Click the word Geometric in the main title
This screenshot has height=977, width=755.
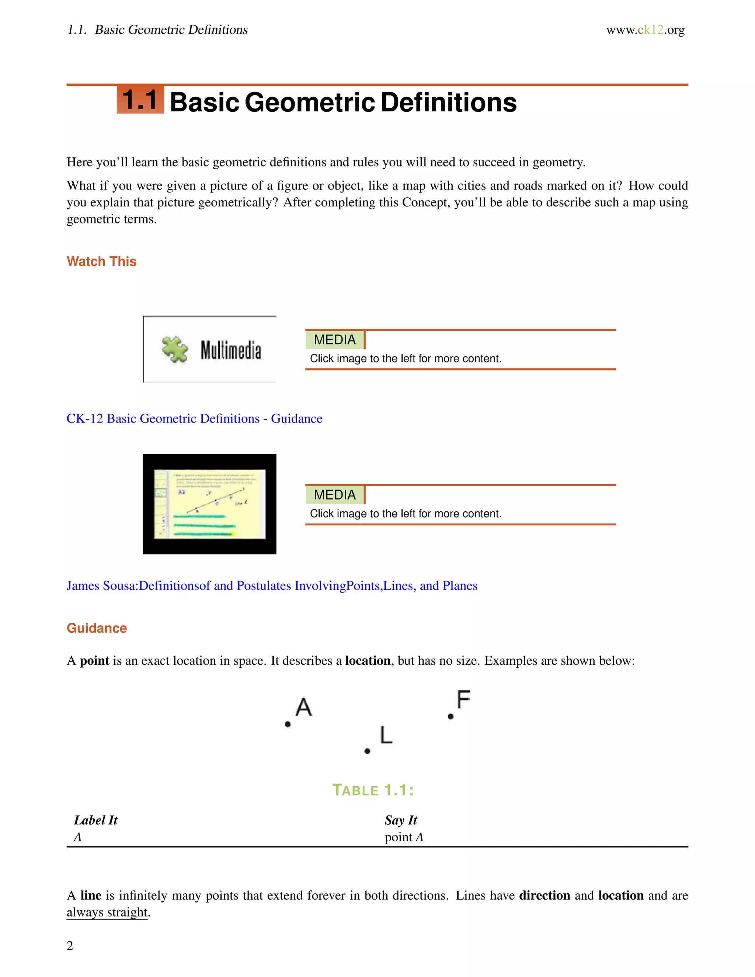tap(310, 102)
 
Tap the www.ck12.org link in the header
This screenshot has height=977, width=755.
tap(645, 30)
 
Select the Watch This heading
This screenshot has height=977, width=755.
tap(101, 261)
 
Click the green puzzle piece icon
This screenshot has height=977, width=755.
tap(175, 350)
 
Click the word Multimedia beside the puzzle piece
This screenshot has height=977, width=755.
tap(230, 350)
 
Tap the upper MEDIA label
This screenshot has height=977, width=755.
tap(335, 340)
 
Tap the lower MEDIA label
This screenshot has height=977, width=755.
tap(335, 494)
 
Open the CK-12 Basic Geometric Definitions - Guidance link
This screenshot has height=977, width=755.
tap(194, 418)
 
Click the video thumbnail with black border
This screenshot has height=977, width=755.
tap(209, 504)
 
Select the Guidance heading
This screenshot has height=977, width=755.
tap(97, 628)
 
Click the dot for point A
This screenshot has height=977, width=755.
tap(288, 724)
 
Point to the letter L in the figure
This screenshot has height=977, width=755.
tap(386, 735)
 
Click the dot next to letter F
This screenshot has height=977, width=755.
tap(450, 716)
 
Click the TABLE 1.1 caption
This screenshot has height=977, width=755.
tap(373, 790)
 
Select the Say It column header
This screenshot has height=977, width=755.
tap(400, 820)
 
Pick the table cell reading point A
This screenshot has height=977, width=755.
tap(403, 837)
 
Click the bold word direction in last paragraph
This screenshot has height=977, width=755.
tap(544, 895)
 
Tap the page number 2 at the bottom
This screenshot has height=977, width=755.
tap(70, 946)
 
